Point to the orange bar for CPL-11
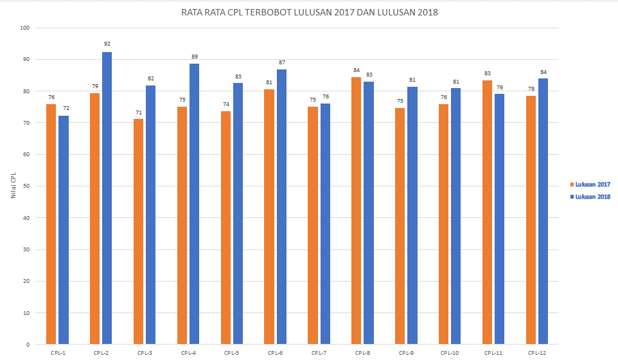click(487, 212)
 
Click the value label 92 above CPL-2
click(107, 44)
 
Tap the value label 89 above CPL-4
click(194, 57)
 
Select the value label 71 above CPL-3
click(138, 113)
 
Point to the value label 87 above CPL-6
click(281, 62)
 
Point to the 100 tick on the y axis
click(25, 28)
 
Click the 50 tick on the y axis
click(26, 186)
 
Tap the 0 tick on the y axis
click(28, 345)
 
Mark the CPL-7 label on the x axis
click(319, 353)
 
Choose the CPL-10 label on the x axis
click(450, 353)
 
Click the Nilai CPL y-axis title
click(13, 186)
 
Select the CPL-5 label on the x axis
click(232, 353)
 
